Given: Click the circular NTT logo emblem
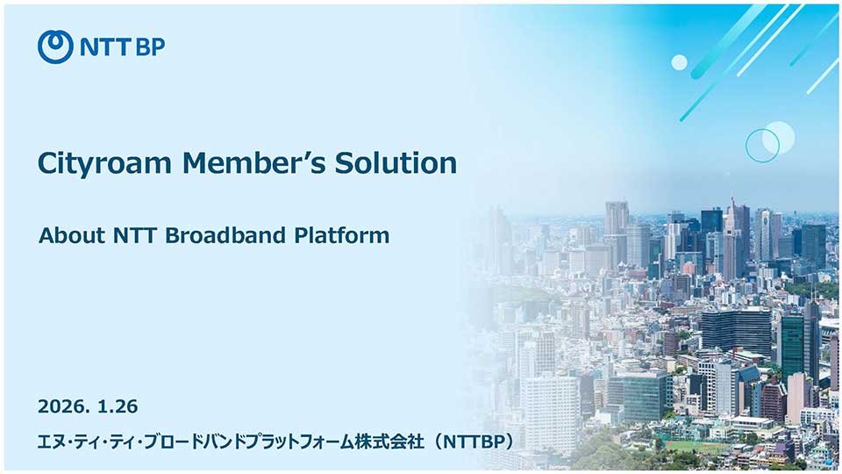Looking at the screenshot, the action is click(x=55, y=47).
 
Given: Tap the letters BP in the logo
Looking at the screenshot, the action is click(x=150, y=47).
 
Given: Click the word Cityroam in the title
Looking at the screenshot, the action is click(x=104, y=163).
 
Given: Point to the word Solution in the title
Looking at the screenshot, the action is click(x=396, y=162).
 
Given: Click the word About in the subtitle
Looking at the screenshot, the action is click(x=72, y=235).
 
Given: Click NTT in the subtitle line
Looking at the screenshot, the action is click(x=135, y=235).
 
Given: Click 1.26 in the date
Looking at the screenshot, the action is click(x=118, y=406).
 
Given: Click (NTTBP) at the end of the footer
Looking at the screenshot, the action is click(x=475, y=442).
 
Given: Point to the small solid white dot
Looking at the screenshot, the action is click(x=679, y=62).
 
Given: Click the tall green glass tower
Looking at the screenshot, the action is click(x=792, y=344).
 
